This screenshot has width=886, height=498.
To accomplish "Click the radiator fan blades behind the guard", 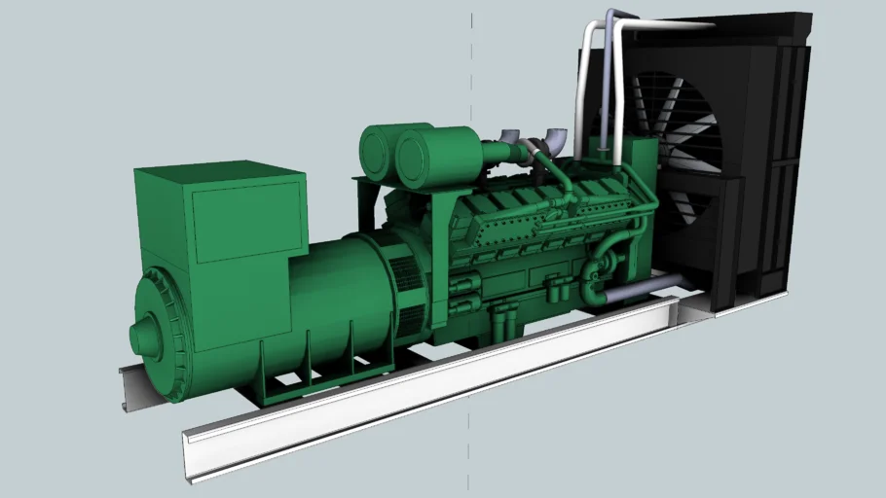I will [x=682, y=146].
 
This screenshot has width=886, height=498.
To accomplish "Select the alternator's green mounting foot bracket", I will [x=292, y=384].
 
